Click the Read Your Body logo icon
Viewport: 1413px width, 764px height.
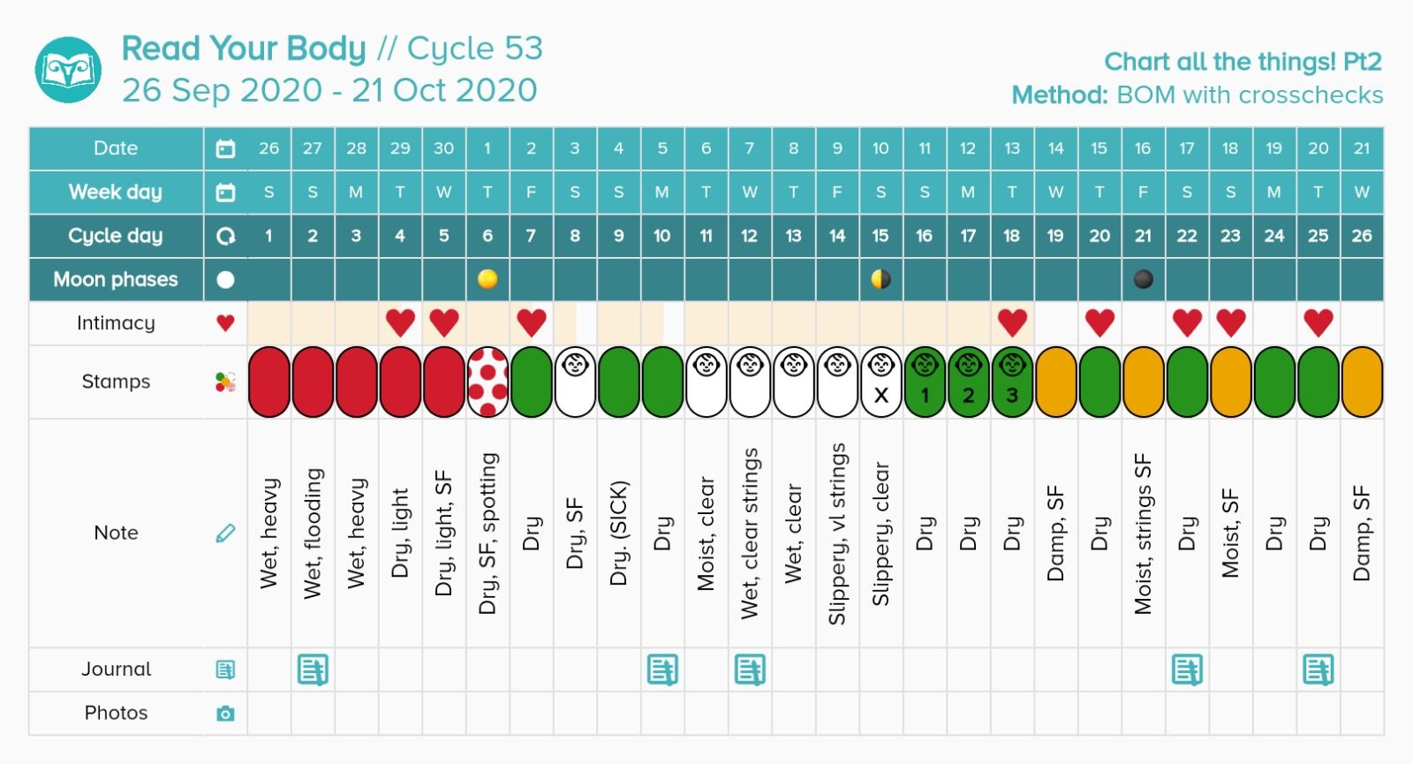pyautogui.click(x=68, y=70)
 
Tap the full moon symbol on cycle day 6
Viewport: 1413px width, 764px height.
pyautogui.click(x=487, y=279)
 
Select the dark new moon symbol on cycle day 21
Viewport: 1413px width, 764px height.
pyautogui.click(x=1143, y=279)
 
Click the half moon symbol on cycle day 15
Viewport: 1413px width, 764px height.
pyautogui.click(x=880, y=279)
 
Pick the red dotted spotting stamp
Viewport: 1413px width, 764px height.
pyautogui.click(x=487, y=382)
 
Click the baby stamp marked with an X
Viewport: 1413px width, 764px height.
pyautogui.click(x=880, y=382)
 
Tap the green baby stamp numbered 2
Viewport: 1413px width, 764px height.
pyautogui.click(x=968, y=382)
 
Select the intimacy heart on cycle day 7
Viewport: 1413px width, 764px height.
pyautogui.click(x=531, y=322)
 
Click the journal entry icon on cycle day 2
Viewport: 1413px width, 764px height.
pyautogui.click(x=313, y=669)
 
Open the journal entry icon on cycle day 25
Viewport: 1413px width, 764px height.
pyautogui.click(x=1318, y=669)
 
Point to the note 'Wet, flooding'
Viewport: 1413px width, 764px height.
pyautogui.click(x=313, y=533)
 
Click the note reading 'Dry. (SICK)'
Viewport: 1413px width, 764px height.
pyautogui.click(x=618, y=533)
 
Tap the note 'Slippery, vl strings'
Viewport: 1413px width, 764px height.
pyautogui.click(x=837, y=533)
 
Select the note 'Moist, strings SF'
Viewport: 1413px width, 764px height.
pyautogui.click(x=1143, y=533)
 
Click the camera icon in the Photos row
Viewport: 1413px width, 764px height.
pyautogui.click(x=225, y=713)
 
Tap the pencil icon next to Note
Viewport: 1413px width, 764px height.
pyautogui.click(x=225, y=533)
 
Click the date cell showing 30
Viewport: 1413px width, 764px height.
pyautogui.click(x=443, y=148)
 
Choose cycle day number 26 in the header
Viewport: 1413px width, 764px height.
pyautogui.click(x=1361, y=236)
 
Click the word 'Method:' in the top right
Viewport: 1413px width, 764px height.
pyautogui.click(x=1059, y=95)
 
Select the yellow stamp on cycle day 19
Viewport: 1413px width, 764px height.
pyautogui.click(x=1055, y=382)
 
